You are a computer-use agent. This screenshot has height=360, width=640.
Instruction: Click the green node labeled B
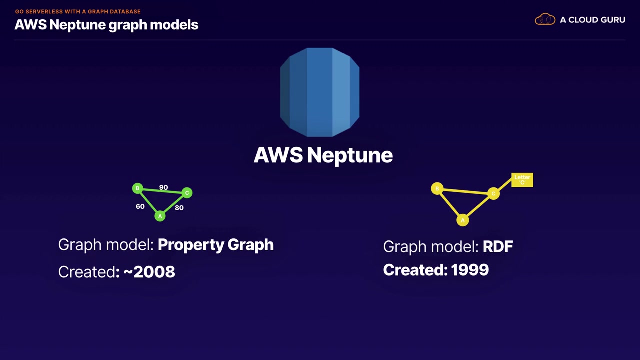pos(137,188)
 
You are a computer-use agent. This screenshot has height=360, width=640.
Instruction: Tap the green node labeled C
pos(187,193)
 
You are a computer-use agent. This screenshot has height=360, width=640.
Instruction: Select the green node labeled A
pos(160,216)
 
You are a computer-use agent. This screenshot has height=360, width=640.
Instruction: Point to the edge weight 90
pos(163,187)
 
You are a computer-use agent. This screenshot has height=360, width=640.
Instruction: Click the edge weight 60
pos(140,206)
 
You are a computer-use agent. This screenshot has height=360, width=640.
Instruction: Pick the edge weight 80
pos(179,208)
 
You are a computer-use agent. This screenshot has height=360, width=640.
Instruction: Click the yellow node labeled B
pos(437,189)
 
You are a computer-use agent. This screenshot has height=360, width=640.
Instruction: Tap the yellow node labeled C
pos(493,194)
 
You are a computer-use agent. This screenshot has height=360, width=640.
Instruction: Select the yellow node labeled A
pos(463,220)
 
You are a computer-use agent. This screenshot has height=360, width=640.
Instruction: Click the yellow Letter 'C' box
pos(522,180)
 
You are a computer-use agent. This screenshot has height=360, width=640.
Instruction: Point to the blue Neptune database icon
pos(320,92)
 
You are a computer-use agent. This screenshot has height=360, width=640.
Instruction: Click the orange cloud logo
pos(545,19)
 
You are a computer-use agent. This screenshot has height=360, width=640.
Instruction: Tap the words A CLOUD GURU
pos(593,20)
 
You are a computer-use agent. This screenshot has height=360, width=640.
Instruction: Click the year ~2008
pos(149,271)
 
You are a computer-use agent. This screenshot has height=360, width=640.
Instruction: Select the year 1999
pos(470,270)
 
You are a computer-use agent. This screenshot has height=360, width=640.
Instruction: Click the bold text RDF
pos(498,247)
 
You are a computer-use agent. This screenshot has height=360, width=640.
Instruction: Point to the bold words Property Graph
pos(216,245)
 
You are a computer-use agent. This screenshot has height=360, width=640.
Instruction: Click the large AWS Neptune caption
pos(323,155)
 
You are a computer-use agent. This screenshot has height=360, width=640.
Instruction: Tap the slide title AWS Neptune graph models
pos(106,25)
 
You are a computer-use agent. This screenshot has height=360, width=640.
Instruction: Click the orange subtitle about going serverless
pos(78,11)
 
